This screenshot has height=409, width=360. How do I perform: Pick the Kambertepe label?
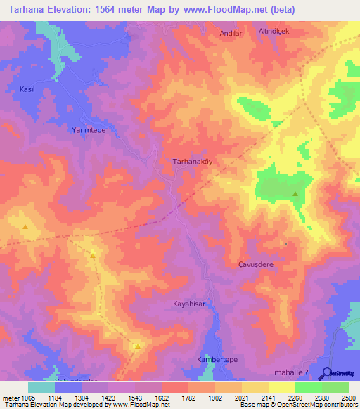[217, 359]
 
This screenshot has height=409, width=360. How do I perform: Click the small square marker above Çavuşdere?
[285, 244]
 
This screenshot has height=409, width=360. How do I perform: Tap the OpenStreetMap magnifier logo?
[326, 373]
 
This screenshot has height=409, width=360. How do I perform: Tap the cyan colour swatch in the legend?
[41, 387]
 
